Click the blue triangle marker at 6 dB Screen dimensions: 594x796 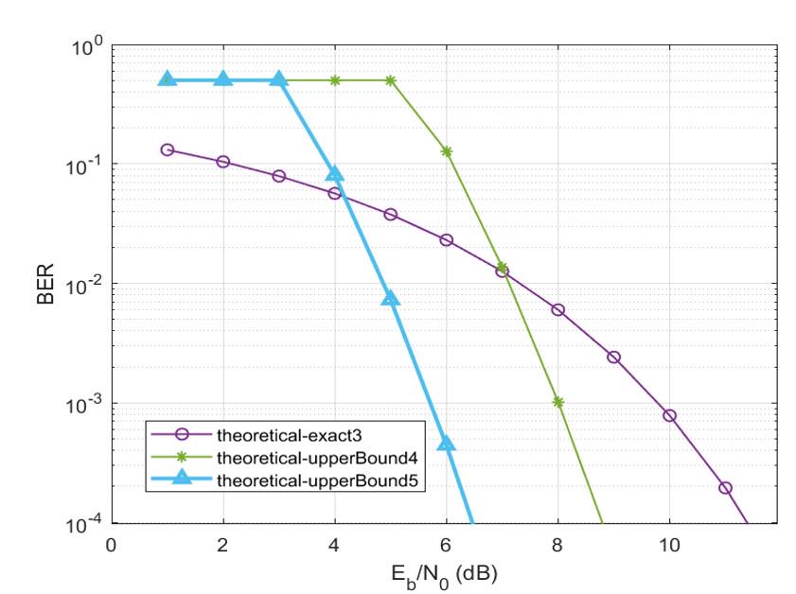click(x=446, y=443)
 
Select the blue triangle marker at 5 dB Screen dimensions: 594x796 click(x=390, y=298)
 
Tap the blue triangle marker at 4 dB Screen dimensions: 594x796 click(x=334, y=174)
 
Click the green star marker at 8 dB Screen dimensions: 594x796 click(x=557, y=402)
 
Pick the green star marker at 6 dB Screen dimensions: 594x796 click(x=446, y=151)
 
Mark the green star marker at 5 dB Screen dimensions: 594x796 click(x=390, y=80)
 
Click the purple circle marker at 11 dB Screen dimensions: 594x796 click(x=725, y=488)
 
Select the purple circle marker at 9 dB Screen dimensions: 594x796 click(x=613, y=357)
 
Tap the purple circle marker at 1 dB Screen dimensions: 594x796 click(x=168, y=149)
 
